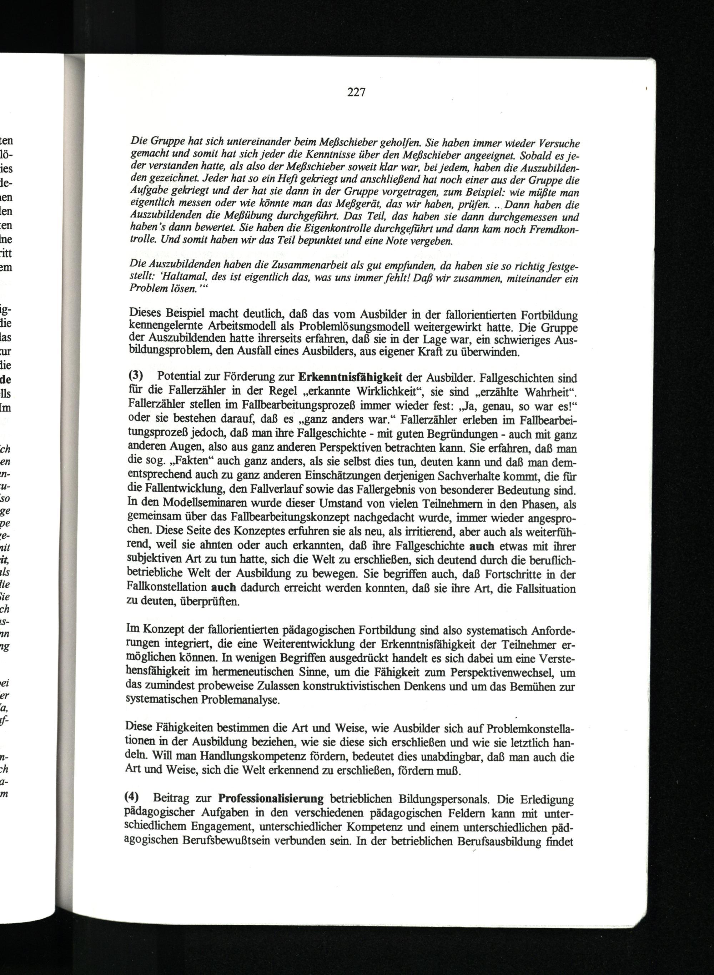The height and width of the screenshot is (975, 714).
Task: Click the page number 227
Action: click(357, 92)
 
